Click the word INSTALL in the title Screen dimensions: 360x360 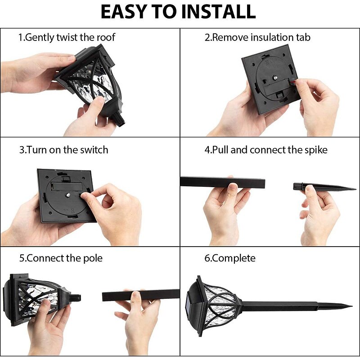(218, 12)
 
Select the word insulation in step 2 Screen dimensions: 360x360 (272, 37)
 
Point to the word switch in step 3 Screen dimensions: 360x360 (94, 150)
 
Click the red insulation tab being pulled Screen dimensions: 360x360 (293, 81)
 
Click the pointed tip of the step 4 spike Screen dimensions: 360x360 (356, 189)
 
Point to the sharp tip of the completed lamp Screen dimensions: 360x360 (352, 306)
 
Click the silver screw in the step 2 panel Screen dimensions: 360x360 (274, 78)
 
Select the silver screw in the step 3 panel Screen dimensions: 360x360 (68, 195)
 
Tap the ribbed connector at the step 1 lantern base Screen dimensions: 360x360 (119, 120)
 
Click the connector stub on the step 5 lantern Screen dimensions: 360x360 (76, 298)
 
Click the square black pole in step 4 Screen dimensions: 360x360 (222, 182)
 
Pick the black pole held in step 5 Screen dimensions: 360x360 (141, 295)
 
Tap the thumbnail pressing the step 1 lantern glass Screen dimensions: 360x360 (100, 100)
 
